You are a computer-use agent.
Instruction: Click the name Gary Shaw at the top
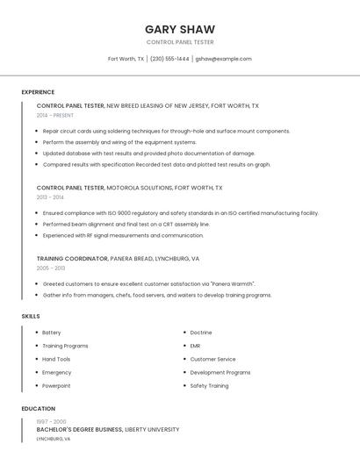[x=180, y=29]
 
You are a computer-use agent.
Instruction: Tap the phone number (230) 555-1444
[x=169, y=59]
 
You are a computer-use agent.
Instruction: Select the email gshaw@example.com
[x=223, y=59]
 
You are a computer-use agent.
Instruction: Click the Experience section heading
[x=38, y=92]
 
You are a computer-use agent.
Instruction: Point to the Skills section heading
[x=31, y=316]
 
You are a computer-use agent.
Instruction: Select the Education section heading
[x=38, y=409]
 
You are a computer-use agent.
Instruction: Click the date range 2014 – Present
[x=55, y=115]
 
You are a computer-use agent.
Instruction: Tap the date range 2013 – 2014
[x=50, y=197]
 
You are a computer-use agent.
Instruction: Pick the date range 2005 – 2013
[x=51, y=268]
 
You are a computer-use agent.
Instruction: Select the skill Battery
[x=52, y=333]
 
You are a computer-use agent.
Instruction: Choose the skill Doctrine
[x=201, y=333]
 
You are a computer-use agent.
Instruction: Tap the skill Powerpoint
[x=56, y=386]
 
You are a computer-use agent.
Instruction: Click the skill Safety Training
[x=209, y=386]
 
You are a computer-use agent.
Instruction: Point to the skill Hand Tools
[x=56, y=359]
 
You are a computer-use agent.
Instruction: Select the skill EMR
[x=195, y=346]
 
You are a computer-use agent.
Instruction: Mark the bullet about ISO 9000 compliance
[x=180, y=213]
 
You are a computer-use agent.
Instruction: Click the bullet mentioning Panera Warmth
[x=148, y=284]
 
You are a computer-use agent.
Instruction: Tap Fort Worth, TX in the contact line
[x=126, y=59]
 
